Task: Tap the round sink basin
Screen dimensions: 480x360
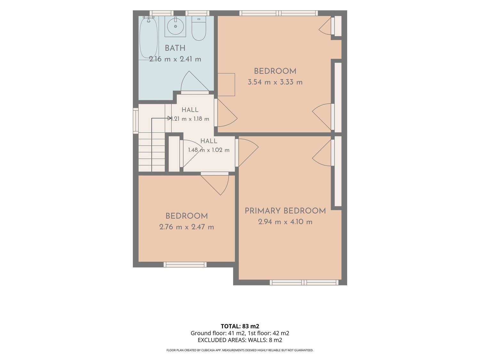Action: coord(175,27)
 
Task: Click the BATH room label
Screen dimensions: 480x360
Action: coord(175,48)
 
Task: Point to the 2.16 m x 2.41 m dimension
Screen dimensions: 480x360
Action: coord(175,59)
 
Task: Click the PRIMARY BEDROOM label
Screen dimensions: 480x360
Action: coord(285,211)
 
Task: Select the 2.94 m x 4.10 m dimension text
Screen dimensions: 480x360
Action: coord(285,222)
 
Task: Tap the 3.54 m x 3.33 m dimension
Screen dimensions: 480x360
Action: coord(275,82)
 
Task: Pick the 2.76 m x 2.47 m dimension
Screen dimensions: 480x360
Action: coord(187,227)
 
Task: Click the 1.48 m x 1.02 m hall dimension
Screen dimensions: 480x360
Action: coord(209,150)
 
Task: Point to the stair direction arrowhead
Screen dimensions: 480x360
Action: coord(170,118)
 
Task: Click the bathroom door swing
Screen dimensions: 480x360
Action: coord(195,81)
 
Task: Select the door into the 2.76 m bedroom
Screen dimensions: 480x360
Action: coord(215,183)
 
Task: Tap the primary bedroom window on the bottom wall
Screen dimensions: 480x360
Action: coord(304,283)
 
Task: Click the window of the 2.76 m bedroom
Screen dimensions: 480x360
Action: coord(185,265)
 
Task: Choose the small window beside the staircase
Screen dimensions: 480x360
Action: coord(136,121)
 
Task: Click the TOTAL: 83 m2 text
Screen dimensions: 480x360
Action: coord(240,326)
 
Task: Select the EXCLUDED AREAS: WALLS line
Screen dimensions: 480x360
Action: coord(240,340)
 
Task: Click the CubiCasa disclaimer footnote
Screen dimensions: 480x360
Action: coord(240,350)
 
